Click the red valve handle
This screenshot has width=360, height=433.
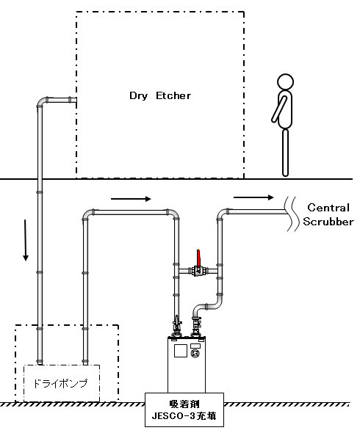click(198, 258)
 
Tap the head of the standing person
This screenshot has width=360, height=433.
click(285, 82)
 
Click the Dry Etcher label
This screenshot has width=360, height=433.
click(160, 96)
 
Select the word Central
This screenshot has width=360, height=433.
click(328, 208)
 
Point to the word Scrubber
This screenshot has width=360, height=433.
click(328, 222)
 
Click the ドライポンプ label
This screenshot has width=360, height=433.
click(60, 383)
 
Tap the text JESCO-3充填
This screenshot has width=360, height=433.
click(184, 415)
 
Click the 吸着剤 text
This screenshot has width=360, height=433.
click(184, 404)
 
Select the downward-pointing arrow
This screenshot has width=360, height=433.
click(26, 240)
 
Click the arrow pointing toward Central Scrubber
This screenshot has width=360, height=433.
click(253, 197)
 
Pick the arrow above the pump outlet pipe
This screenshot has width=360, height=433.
click(131, 199)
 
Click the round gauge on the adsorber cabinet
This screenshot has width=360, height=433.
click(195, 354)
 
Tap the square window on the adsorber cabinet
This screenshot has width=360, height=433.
click(181, 351)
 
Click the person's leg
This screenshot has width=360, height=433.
click(285, 153)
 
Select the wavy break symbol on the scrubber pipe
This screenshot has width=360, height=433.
click(292, 214)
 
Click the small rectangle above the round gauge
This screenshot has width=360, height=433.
click(195, 346)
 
